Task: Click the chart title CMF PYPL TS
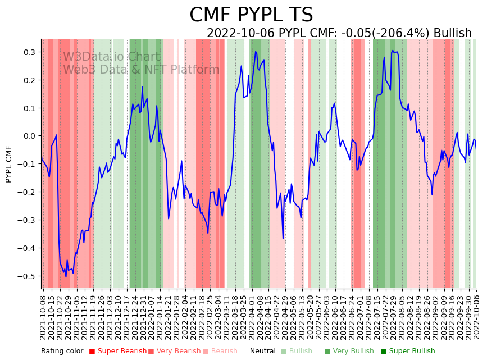tap(251, 15)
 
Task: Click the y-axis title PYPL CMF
tap(9, 164)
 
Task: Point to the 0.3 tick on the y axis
tap(29, 52)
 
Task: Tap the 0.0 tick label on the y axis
tap(29, 136)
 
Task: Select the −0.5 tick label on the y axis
tap(27, 276)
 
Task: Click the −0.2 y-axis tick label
tap(27, 192)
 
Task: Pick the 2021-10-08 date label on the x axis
tap(43, 315)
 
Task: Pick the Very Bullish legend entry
tap(353, 352)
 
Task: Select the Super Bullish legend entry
tap(411, 352)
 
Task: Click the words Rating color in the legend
tap(62, 352)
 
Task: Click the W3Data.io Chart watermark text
tap(111, 57)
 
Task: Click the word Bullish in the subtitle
tap(452, 34)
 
